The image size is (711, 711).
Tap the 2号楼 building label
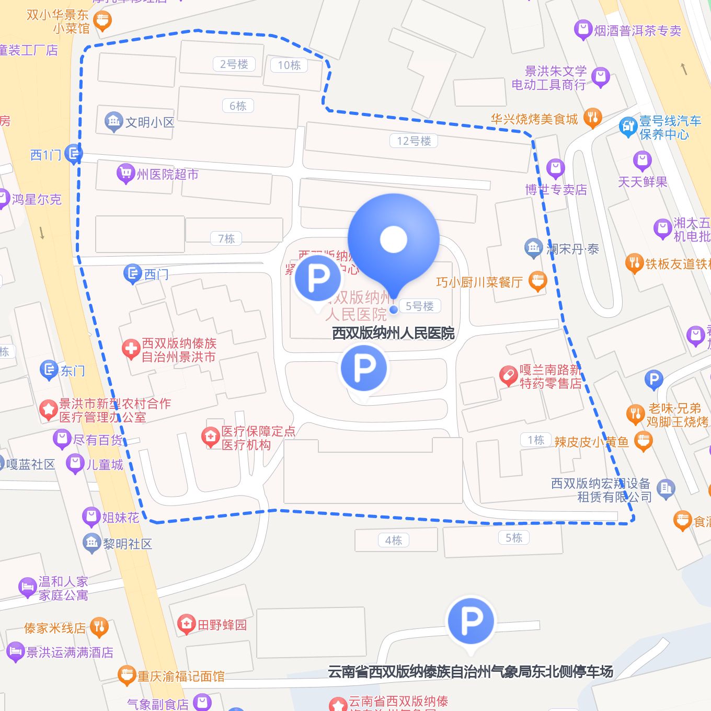(234, 64)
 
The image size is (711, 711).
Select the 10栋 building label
(289, 65)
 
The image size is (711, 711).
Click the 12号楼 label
(414, 141)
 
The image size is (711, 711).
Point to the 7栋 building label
(226, 239)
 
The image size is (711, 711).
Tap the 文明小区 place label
(150, 122)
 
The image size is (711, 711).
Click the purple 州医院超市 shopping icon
(125, 174)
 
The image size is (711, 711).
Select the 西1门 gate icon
(74, 154)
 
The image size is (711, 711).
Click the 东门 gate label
(73, 371)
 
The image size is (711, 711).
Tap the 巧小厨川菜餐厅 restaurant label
(479, 282)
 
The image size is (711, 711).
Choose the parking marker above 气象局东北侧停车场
(471, 621)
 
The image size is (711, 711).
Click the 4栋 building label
(394, 541)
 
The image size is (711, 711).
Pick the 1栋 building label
(536, 440)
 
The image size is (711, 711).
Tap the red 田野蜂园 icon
(186, 624)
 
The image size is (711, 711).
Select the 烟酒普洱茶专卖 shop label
(637, 31)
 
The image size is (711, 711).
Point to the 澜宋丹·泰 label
(572, 249)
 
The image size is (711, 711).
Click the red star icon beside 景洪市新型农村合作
(48, 410)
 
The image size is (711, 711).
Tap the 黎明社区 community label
(127, 544)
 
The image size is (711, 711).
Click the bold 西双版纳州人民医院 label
(393, 333)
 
